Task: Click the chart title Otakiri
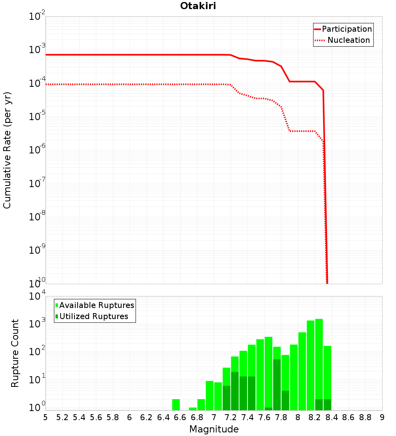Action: [198, 6]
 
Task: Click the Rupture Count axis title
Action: [15, 353]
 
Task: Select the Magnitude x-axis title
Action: [214, 429]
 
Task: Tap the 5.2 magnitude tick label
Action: [63, 418]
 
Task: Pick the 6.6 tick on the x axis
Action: [180, 418]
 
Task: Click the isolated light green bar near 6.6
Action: [176, 405]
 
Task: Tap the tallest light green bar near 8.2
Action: [319, 365]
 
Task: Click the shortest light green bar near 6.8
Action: [193, 409]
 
